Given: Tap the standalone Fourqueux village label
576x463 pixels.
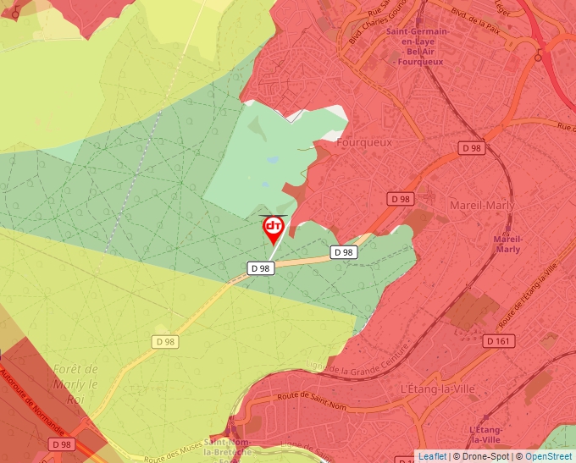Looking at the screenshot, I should point(364,142).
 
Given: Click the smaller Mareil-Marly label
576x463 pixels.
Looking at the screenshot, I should point(507,244).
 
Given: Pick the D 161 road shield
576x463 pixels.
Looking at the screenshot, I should point(499,340).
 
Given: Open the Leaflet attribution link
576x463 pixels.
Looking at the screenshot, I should point(432,456).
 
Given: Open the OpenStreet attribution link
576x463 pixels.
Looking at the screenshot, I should point(549,456).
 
